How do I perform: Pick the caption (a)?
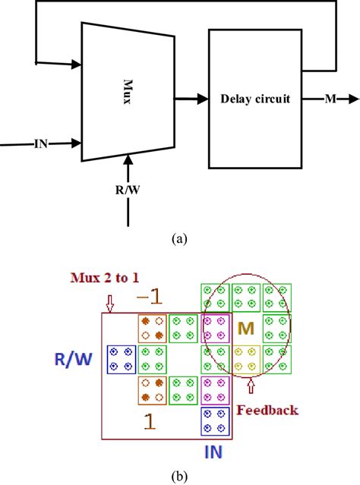pos(179,238)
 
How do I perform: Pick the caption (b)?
pos(179,476)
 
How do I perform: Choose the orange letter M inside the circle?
pos(245,329)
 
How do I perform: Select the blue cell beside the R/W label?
pos(121,358)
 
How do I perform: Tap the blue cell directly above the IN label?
pos(215,421)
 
